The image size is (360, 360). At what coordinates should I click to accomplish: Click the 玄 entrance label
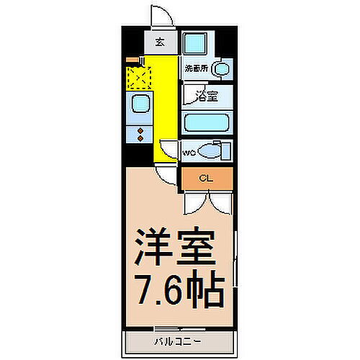pos(160,42)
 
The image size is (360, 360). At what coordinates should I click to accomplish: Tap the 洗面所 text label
pos(195,69)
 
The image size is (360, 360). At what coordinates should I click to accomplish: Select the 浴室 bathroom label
pos(207,96)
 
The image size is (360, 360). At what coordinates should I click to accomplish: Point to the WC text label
pos(189,153)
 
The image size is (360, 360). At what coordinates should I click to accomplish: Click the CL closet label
pos(205,177)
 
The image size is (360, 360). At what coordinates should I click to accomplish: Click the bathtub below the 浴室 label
pos(207,122)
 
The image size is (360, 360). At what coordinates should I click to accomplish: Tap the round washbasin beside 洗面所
pos(222,70)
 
